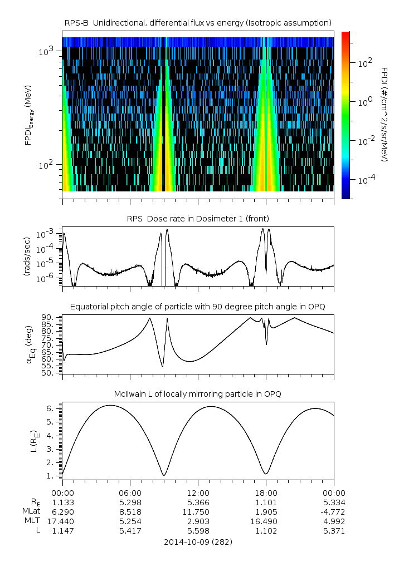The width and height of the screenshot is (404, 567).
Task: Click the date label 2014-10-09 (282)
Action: tap(198, 541)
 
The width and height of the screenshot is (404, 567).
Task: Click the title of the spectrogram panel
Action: tap(198, 22)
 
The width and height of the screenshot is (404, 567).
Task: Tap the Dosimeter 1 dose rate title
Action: tap(198, 218)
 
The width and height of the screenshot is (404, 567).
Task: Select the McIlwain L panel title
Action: tap(198, 394)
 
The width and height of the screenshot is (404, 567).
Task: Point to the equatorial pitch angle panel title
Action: tap(198, 307)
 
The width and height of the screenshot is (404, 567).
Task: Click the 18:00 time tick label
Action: tap(266, 492)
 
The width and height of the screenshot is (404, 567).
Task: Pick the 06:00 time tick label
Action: tap(130, 492)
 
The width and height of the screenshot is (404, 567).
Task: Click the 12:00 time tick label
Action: tap(198, 492)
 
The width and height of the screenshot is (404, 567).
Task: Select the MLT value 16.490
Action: tap(266, 521)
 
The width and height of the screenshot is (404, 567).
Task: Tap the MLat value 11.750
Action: tap(198, 512)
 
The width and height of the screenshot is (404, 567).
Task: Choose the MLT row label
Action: tap(29, 521)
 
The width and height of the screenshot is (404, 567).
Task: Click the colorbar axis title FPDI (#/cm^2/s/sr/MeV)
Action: tap(384, 114)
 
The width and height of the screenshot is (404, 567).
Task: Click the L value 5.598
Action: tap(198, 531)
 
